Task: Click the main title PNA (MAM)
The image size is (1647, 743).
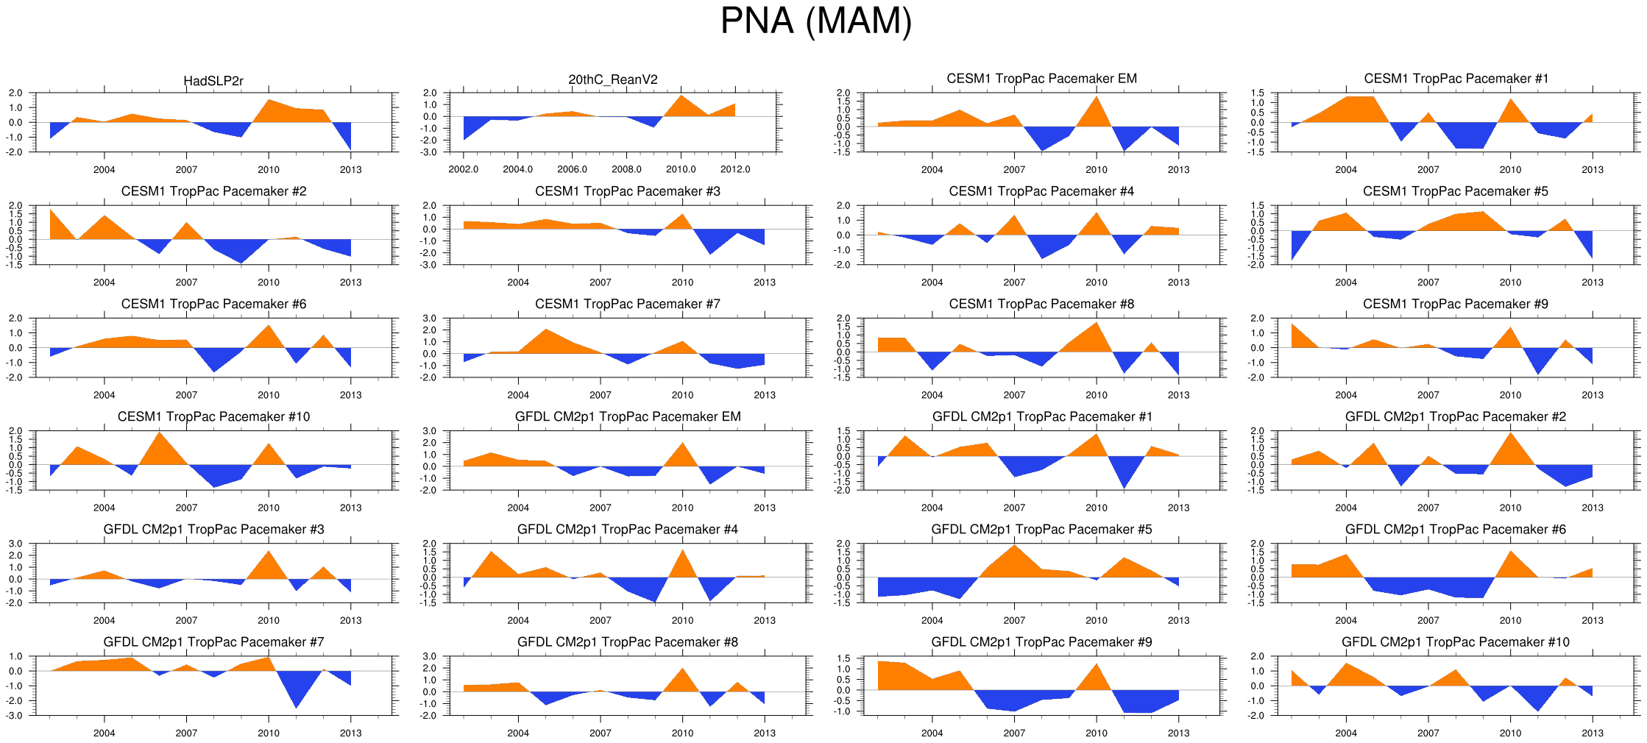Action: pyautogui.click(x=815, y=21)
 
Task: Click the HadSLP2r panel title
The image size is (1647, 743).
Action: pyautogui.click(x=213, y=81)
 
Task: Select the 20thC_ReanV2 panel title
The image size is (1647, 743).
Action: pyautogui.click(x=612, y=79)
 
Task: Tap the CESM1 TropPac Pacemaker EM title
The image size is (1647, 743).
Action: pyautogui.click(x=1041, y=79)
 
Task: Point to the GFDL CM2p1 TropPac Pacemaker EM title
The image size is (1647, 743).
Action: pyautogui.click(x=627, y=416)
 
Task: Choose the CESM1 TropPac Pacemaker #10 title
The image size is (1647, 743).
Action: pyautogui.click(x=213, y=416)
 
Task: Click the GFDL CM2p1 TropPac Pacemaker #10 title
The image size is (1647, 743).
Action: pyautogui.click(x=1455, y=642)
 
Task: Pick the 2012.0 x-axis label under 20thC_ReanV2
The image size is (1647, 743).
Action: pyautogui.click(x=735, y=169)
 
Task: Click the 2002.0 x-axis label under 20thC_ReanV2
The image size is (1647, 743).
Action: pyautogui.click(x=463, y=169)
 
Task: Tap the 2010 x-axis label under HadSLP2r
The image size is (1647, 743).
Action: pyautogui.click(x=269, y=169)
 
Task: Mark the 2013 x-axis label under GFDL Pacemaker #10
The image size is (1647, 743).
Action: pyautogui.click(x=1593, y=733)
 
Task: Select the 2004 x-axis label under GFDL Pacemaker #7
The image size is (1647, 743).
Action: pyautogui.click(x=104, y=733)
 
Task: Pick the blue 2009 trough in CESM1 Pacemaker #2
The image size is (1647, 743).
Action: pyautogui.click(x=241, y=261)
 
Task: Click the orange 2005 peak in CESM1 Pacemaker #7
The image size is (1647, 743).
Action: pyautogui.click(x=545, y=331)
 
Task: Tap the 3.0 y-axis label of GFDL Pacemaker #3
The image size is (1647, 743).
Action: pyautogui.click(x=15, y=544)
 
